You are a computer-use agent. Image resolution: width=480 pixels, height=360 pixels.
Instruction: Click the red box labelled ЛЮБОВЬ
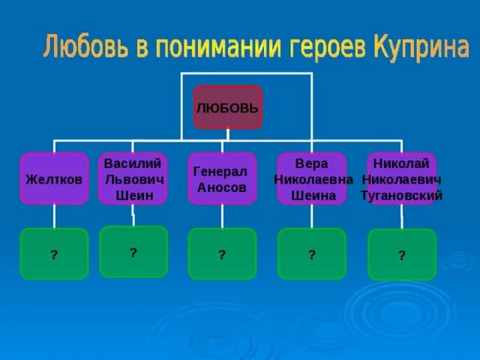228,107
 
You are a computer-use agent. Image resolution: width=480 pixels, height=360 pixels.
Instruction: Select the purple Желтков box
54,178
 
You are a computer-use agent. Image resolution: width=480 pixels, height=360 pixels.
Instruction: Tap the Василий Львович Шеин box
133,178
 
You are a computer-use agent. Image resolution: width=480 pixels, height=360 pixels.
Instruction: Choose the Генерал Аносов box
222,178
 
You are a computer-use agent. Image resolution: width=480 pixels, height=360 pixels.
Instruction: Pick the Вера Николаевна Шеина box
312,178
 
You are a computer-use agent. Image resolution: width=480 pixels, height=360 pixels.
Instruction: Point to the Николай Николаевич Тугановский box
401,178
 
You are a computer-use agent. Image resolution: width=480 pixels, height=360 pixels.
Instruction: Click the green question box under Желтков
54,253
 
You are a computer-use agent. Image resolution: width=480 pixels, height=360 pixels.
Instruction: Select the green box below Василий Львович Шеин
133,251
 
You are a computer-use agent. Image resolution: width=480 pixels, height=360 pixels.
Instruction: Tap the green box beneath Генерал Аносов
222,253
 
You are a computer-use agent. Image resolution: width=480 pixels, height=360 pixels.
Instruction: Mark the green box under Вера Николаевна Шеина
312,253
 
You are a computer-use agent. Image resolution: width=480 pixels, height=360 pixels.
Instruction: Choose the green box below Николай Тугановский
402,254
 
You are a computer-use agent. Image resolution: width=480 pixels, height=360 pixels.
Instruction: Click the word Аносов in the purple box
222,187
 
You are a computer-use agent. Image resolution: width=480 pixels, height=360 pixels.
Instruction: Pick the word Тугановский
401,196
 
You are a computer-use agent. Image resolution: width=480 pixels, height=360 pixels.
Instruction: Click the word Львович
133,179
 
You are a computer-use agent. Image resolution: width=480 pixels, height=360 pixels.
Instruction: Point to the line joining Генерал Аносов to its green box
222,216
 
